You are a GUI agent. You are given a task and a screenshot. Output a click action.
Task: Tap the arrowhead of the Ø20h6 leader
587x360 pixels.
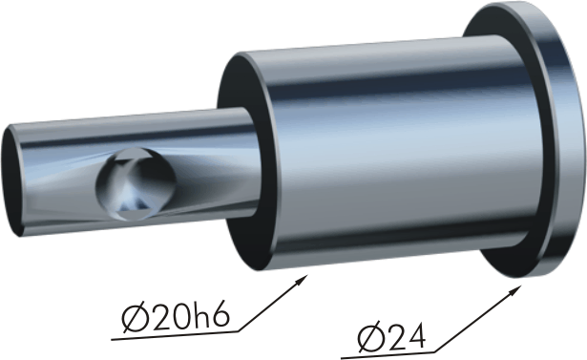click(x=303, y=279)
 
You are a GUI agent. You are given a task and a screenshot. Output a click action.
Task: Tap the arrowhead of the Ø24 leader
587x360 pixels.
click(x=516, y=290)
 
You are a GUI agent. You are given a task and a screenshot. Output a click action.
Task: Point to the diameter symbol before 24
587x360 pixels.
click(x=369, y=339)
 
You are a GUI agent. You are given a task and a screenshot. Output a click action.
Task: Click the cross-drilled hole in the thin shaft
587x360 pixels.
click(x=136, y=183)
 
